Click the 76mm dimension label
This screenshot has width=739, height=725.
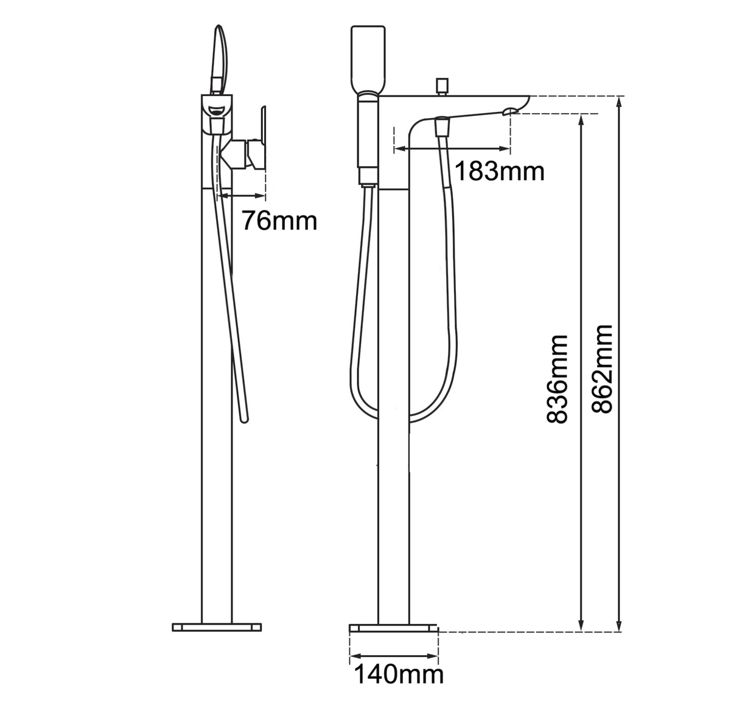[279, 220]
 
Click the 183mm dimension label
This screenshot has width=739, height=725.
[500, 172]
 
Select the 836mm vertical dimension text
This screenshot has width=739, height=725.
[557, 378]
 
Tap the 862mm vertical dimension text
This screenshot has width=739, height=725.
[602, 369]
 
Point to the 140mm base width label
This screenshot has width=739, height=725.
[399, 674]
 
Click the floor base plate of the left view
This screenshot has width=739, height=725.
[217, 626]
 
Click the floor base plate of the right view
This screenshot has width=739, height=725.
[394, 628]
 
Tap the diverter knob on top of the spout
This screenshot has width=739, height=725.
[441, 85]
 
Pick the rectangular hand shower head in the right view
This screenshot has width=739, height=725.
[368, 57]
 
